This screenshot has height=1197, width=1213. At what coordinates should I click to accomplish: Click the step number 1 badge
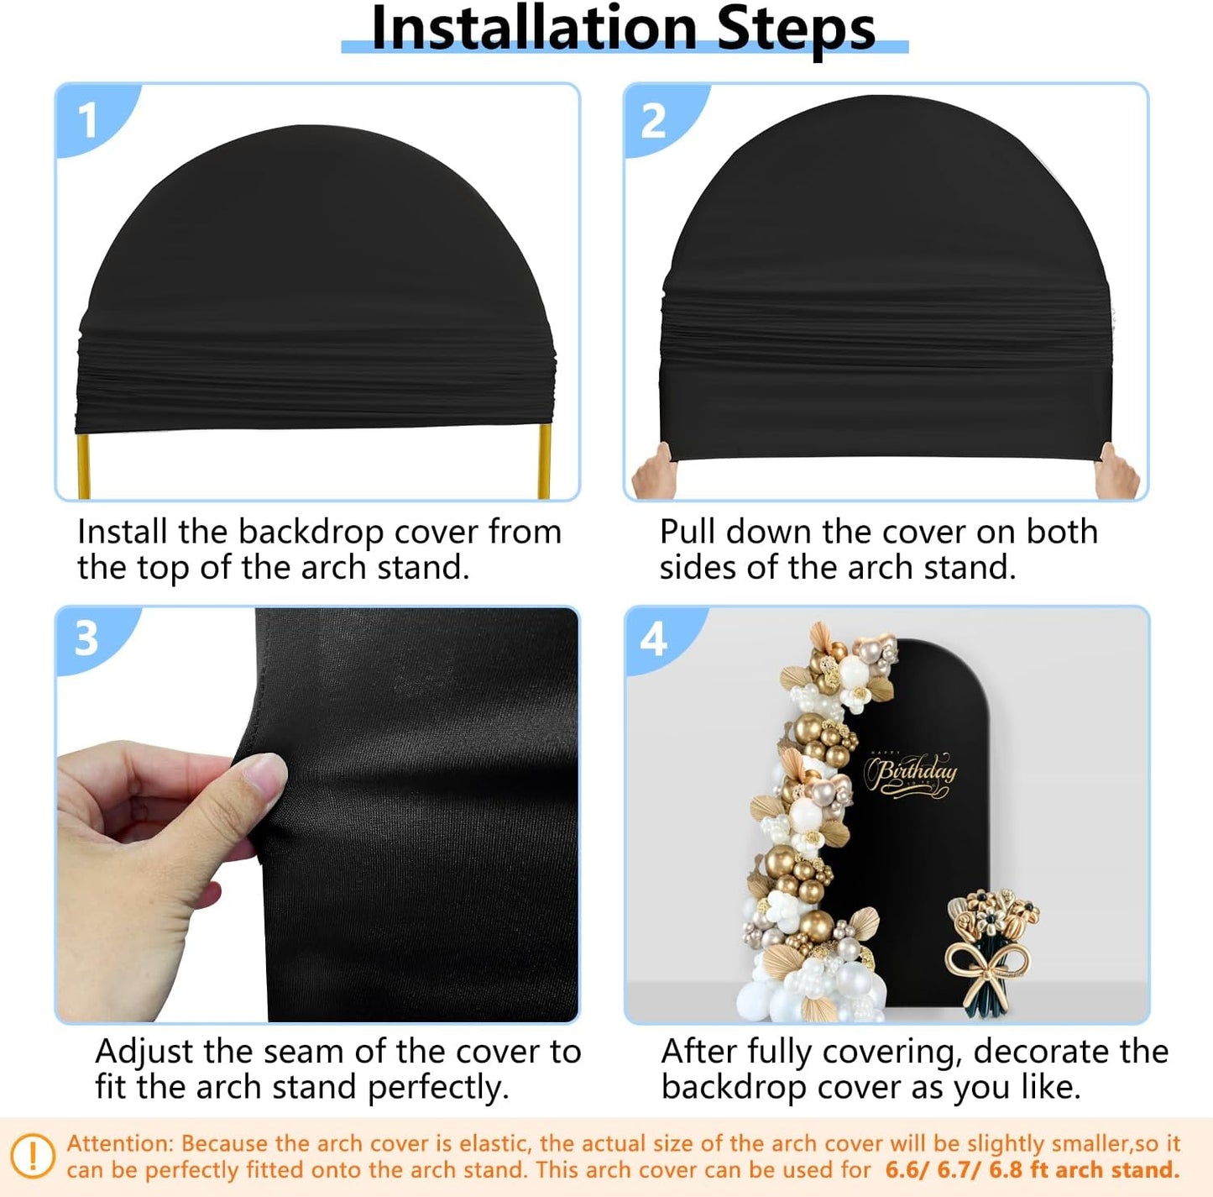click(x=88, y=120)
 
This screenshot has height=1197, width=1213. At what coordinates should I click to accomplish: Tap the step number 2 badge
click(x=653, y=120)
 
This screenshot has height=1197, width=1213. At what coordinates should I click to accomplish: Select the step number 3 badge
click(x=86, y=638)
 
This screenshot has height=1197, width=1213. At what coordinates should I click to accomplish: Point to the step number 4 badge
click(x=653, y=639)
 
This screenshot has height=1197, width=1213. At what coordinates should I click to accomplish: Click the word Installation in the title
click(x=534, y=29)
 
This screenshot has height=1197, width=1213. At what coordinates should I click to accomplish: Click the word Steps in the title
click(x=796, y=29)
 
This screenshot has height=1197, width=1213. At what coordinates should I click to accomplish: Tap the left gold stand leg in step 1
click(x=83, y=465)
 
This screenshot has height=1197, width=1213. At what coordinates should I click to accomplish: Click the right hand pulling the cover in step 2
click(x=1118, y=472)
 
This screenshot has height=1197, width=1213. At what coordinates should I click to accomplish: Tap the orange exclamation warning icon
click(x=33, y=1156)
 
